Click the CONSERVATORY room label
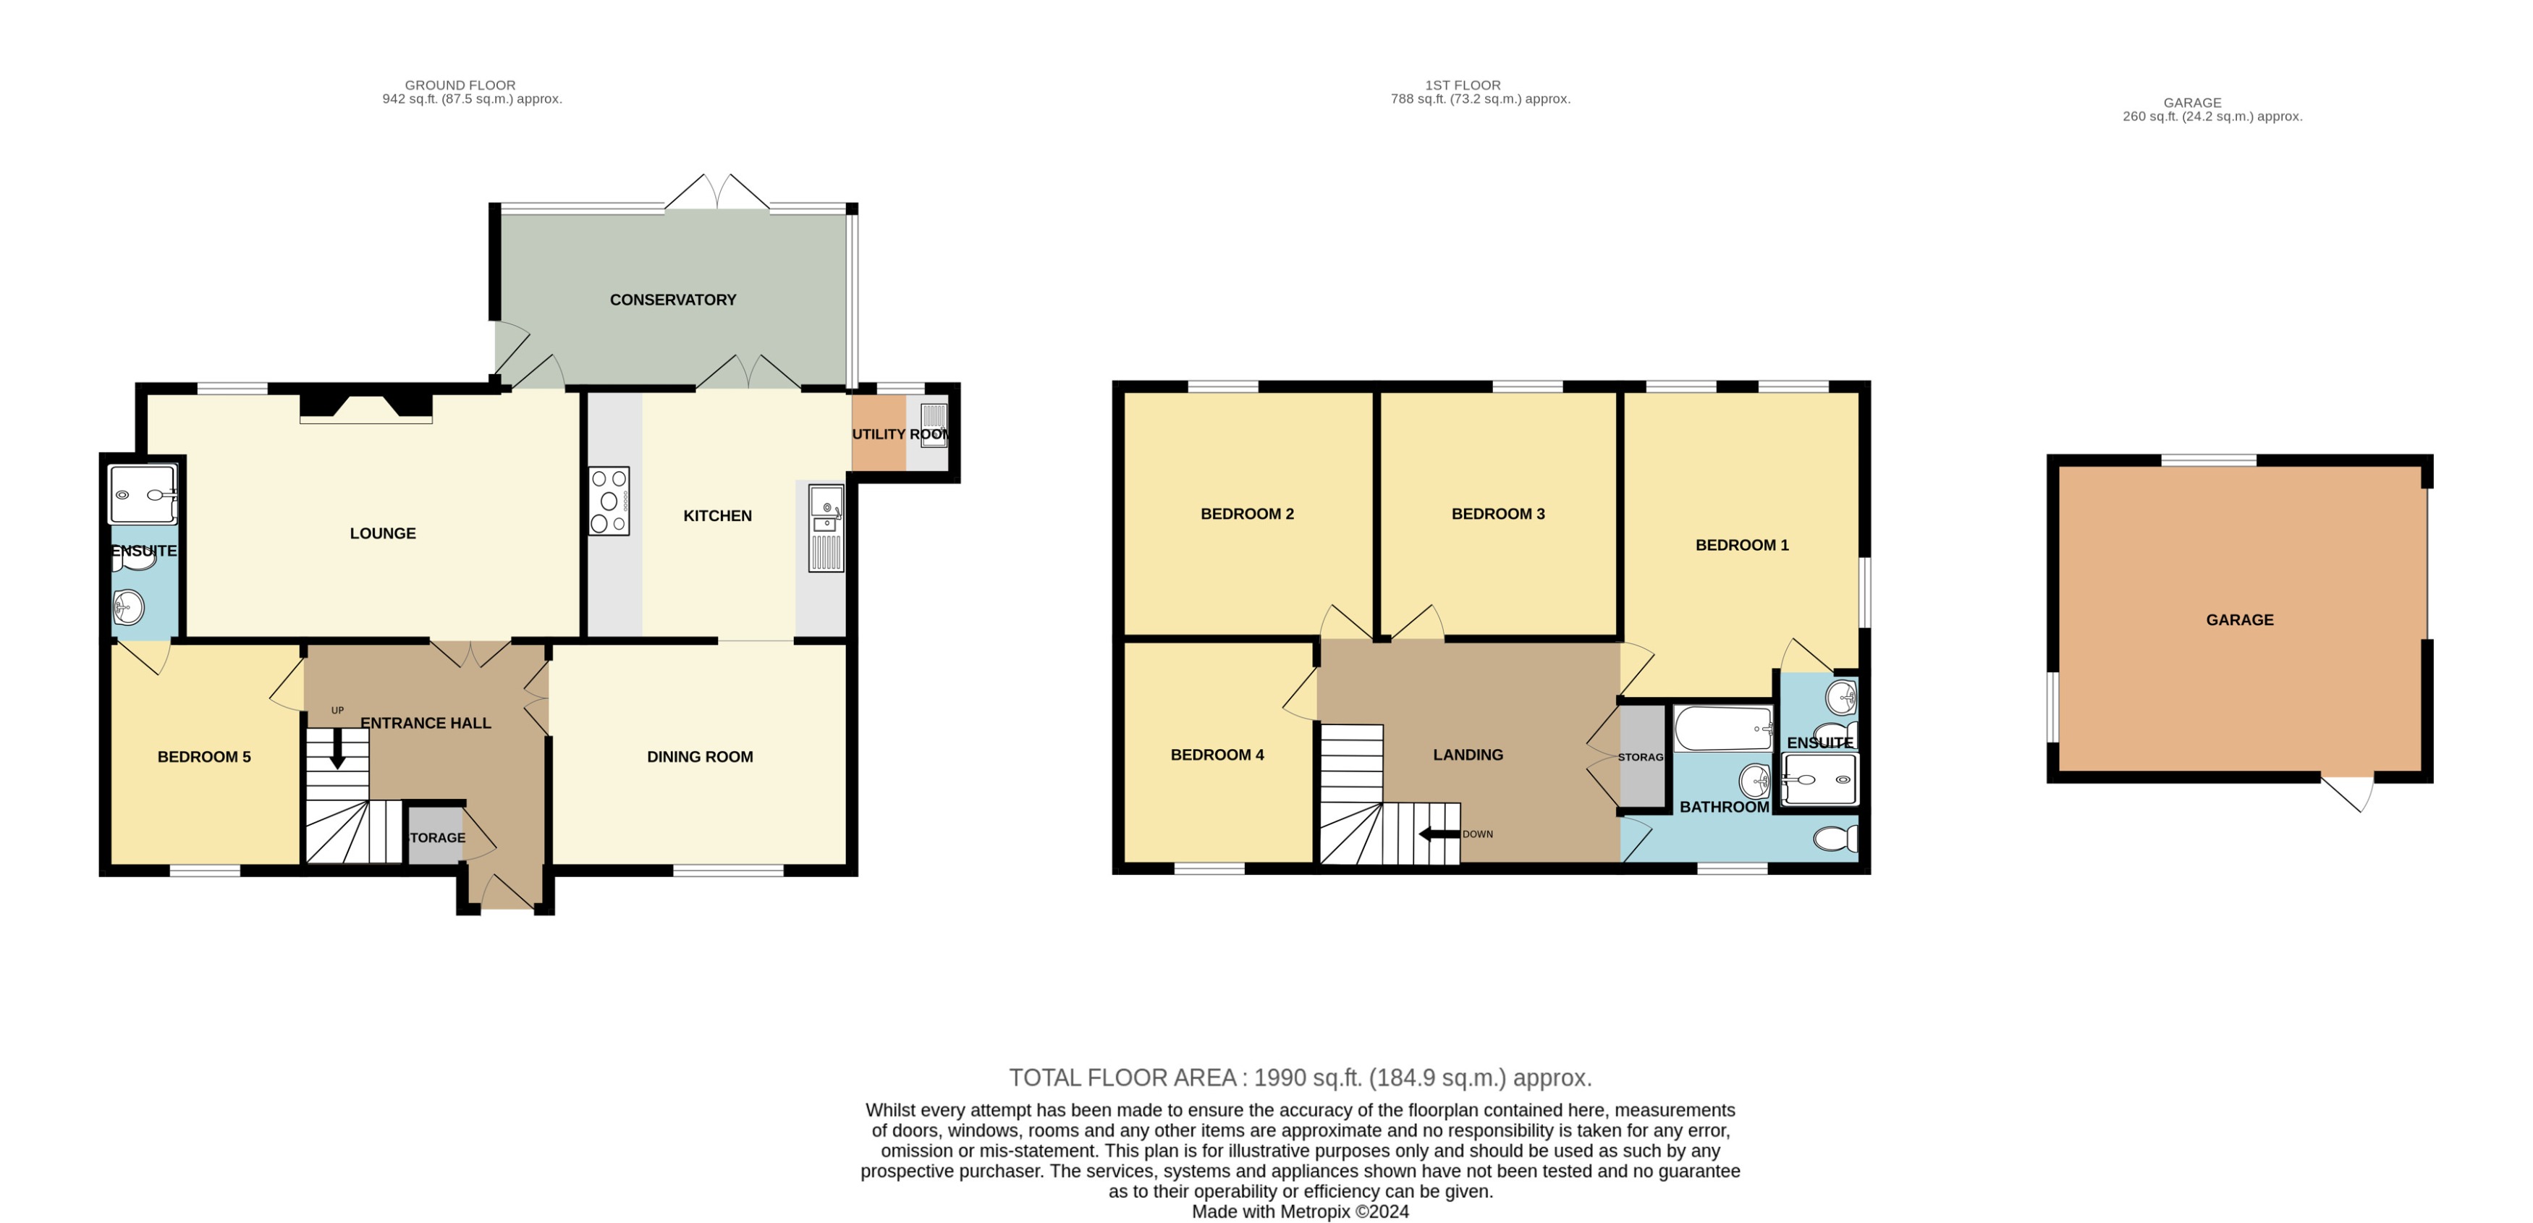(x=672, y=300)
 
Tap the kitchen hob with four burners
(x=609, y=502)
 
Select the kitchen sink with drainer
(x=826, y=528)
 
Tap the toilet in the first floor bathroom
(x=1835, y=839)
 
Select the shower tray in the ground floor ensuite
(x=143, y=494)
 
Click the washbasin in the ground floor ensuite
(x=128, y=608)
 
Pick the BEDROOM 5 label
(x=205, y=757)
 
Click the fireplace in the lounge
(x=365, y=408)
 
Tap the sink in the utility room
(x=933, y=426)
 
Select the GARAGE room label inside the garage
(x=2239, y=620)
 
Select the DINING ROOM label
(x=700, y=757)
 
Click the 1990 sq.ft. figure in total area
(x=1307, y=1078)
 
